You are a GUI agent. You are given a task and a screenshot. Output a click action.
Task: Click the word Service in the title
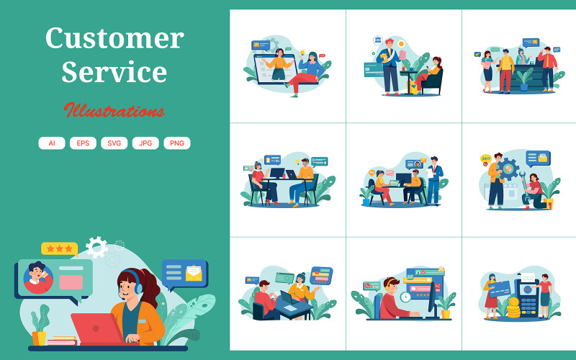point(114,72)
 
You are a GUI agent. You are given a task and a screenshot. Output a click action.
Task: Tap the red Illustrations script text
point(114,110)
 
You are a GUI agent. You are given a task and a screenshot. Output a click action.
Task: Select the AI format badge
point(52,143)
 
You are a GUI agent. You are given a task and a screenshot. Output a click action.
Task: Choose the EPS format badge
point(83,143)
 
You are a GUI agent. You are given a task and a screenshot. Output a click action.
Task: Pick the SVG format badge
point(114,143)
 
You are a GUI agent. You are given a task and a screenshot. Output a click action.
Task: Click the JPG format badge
point(145,143)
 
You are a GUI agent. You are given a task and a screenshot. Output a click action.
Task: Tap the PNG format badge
point(177,143)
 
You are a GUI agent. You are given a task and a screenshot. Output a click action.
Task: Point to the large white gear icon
point(96,248)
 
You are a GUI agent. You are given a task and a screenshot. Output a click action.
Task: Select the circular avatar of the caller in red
point(38,278)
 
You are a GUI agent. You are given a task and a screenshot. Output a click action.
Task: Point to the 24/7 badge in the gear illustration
point(487,158)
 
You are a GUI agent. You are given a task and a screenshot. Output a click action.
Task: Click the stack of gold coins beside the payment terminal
point(513,307)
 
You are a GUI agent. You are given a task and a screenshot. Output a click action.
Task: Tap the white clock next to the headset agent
point(406,297)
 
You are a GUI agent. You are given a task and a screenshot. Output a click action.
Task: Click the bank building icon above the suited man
point(377,40)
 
